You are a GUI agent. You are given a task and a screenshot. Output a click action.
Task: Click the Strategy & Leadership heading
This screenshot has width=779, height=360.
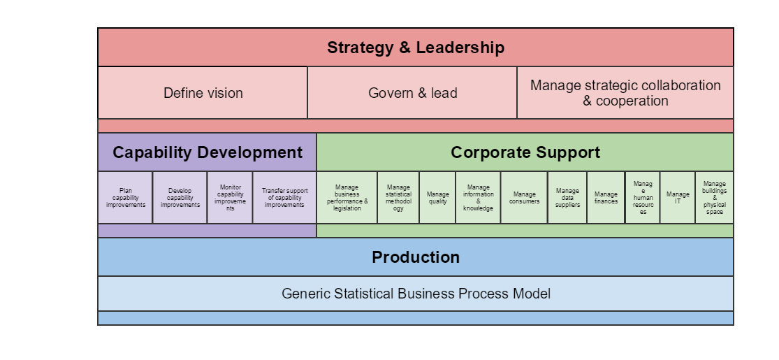(x=416, y=48)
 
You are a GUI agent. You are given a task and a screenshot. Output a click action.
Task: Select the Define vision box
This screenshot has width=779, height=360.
(x=203, y=93)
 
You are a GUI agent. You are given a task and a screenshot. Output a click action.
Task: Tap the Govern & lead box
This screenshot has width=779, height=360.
(x=412, y=93)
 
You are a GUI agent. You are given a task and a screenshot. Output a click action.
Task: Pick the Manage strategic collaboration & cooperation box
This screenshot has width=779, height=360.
(x=625, y=93)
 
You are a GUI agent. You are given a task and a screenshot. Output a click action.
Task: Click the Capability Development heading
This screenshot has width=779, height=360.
(x=208, y=152)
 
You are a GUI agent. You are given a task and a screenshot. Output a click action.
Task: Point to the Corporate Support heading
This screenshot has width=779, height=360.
(x=525, y=152)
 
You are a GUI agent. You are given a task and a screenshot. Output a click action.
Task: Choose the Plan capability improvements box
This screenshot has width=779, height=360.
(x=125, y=198)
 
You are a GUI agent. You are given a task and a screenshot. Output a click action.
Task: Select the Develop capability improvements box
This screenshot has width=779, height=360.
(x=180, y=198)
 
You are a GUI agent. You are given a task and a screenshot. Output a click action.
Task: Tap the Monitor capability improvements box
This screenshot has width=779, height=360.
(x=230, y=198)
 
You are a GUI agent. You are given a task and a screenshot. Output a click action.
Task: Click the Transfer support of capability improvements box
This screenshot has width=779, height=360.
(x=284, y=198)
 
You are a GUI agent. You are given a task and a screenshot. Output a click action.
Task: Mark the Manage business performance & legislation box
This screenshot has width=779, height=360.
(x=347, y=198)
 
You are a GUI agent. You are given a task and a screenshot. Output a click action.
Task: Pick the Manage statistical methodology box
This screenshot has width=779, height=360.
(x=398, y=198)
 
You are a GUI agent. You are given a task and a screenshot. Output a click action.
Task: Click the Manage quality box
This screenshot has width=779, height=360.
(x=437, y=198)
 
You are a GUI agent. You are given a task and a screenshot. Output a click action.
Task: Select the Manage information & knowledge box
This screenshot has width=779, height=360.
(x=479, y=198)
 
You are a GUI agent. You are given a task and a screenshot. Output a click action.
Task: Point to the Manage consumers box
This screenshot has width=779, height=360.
(x=524, y=198)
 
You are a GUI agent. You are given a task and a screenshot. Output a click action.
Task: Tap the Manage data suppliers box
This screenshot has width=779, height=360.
(x=567, y=198)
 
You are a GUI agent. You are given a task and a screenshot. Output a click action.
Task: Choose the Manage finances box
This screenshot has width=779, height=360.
(x=606, y=198)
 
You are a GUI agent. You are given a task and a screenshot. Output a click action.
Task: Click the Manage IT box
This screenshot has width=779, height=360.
(x=678, y=198)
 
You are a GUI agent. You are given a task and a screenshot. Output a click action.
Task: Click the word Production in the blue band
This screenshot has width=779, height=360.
(x=416, y=257)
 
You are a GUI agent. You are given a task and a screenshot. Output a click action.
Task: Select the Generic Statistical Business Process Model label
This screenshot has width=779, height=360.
(x=416, y=294)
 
